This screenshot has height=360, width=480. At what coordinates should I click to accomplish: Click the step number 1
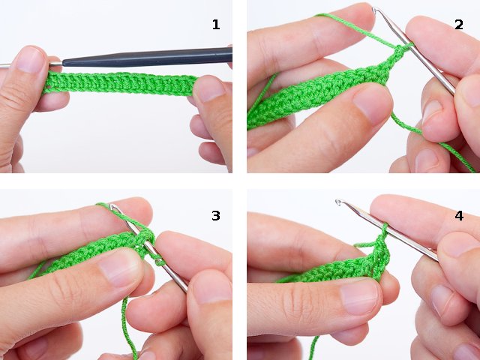pyautogui.click(x=216, y=25)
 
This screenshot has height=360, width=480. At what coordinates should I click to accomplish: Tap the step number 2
pyautogui.click(x=458, y=25)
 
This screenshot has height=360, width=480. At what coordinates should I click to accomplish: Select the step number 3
pyautogui.click(x=216, y=216)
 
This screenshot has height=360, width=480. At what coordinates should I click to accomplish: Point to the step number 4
pyautogui.click(x=458, y=216)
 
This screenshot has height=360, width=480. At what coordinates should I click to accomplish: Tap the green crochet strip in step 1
pyautogui.click(x=120, y=82)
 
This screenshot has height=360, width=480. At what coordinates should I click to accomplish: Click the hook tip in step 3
pyautogui.click(x=112, y=207)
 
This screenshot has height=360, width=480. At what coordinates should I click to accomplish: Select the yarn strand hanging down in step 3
pyautogui.click(x=129, y=322)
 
